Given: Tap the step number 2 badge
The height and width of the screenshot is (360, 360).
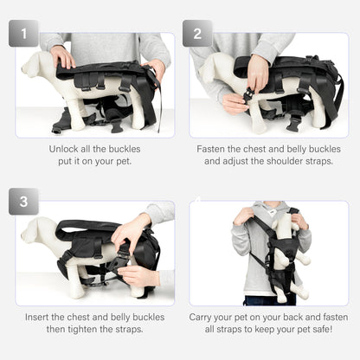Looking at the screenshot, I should coord(197,34).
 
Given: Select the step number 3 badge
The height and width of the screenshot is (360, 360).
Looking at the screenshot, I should coord(23,201).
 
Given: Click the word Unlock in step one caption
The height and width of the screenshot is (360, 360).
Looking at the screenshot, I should coord(65,149).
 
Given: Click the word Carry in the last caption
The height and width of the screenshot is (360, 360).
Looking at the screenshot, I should coord(207,317).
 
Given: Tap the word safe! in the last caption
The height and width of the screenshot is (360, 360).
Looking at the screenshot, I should coord(325,330).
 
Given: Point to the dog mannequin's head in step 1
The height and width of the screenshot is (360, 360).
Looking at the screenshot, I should coord(35,62).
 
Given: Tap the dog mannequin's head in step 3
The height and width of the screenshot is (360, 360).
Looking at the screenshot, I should coord(36,229).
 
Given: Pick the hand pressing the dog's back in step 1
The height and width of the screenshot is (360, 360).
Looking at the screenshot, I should coord(62,57).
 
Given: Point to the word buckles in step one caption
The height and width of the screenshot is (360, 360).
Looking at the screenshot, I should coord(126,149).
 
